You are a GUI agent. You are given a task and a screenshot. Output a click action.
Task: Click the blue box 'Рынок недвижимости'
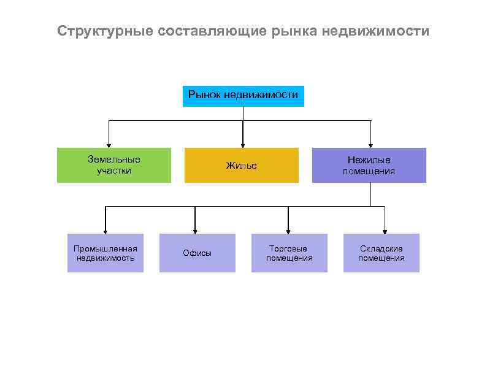pyautogui.click(x=243, y=95)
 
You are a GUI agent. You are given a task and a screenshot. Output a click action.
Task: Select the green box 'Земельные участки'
pyautogui.click(x=113, y=165)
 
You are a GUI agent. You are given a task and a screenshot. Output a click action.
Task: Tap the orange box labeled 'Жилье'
pyautogui.click(x=241, y=165)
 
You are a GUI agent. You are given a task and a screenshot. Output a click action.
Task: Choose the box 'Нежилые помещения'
pyautogui.click(x=369, y=165)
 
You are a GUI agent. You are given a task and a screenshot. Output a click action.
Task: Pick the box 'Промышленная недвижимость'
pyautogui.click(x=105, y=253)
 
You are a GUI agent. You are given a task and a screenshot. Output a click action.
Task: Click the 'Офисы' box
pyautogui.click(x=197, y=253)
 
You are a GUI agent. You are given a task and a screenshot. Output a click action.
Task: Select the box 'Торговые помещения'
pyautogui.click(x=289, y=253)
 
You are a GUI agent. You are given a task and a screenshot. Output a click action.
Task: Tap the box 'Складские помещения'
pyautogui.click(x=381, y=253)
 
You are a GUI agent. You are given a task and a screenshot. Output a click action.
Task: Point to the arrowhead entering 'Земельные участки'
pyautogui.click(x=109, y=144)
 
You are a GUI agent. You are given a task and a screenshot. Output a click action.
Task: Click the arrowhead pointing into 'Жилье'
pyautogui.click(x=243, y=144)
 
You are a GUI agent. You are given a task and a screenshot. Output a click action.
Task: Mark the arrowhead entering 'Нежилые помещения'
pyautogui.click(x=370, y=144)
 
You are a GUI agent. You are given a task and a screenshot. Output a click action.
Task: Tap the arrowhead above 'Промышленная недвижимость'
pyautogui.click(x=105, y=231)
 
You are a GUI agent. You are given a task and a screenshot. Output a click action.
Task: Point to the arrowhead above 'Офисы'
pyautogui.click(x=195, y=231)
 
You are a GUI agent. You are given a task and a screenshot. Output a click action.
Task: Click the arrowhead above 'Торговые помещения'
pyautogui.click(x=288, y=231)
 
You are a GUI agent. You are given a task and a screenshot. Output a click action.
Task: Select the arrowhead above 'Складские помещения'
pyautogui.click(x=385, y=231)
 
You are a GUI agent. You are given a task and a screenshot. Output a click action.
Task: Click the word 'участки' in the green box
pyautogui.click(x=113, y=171)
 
